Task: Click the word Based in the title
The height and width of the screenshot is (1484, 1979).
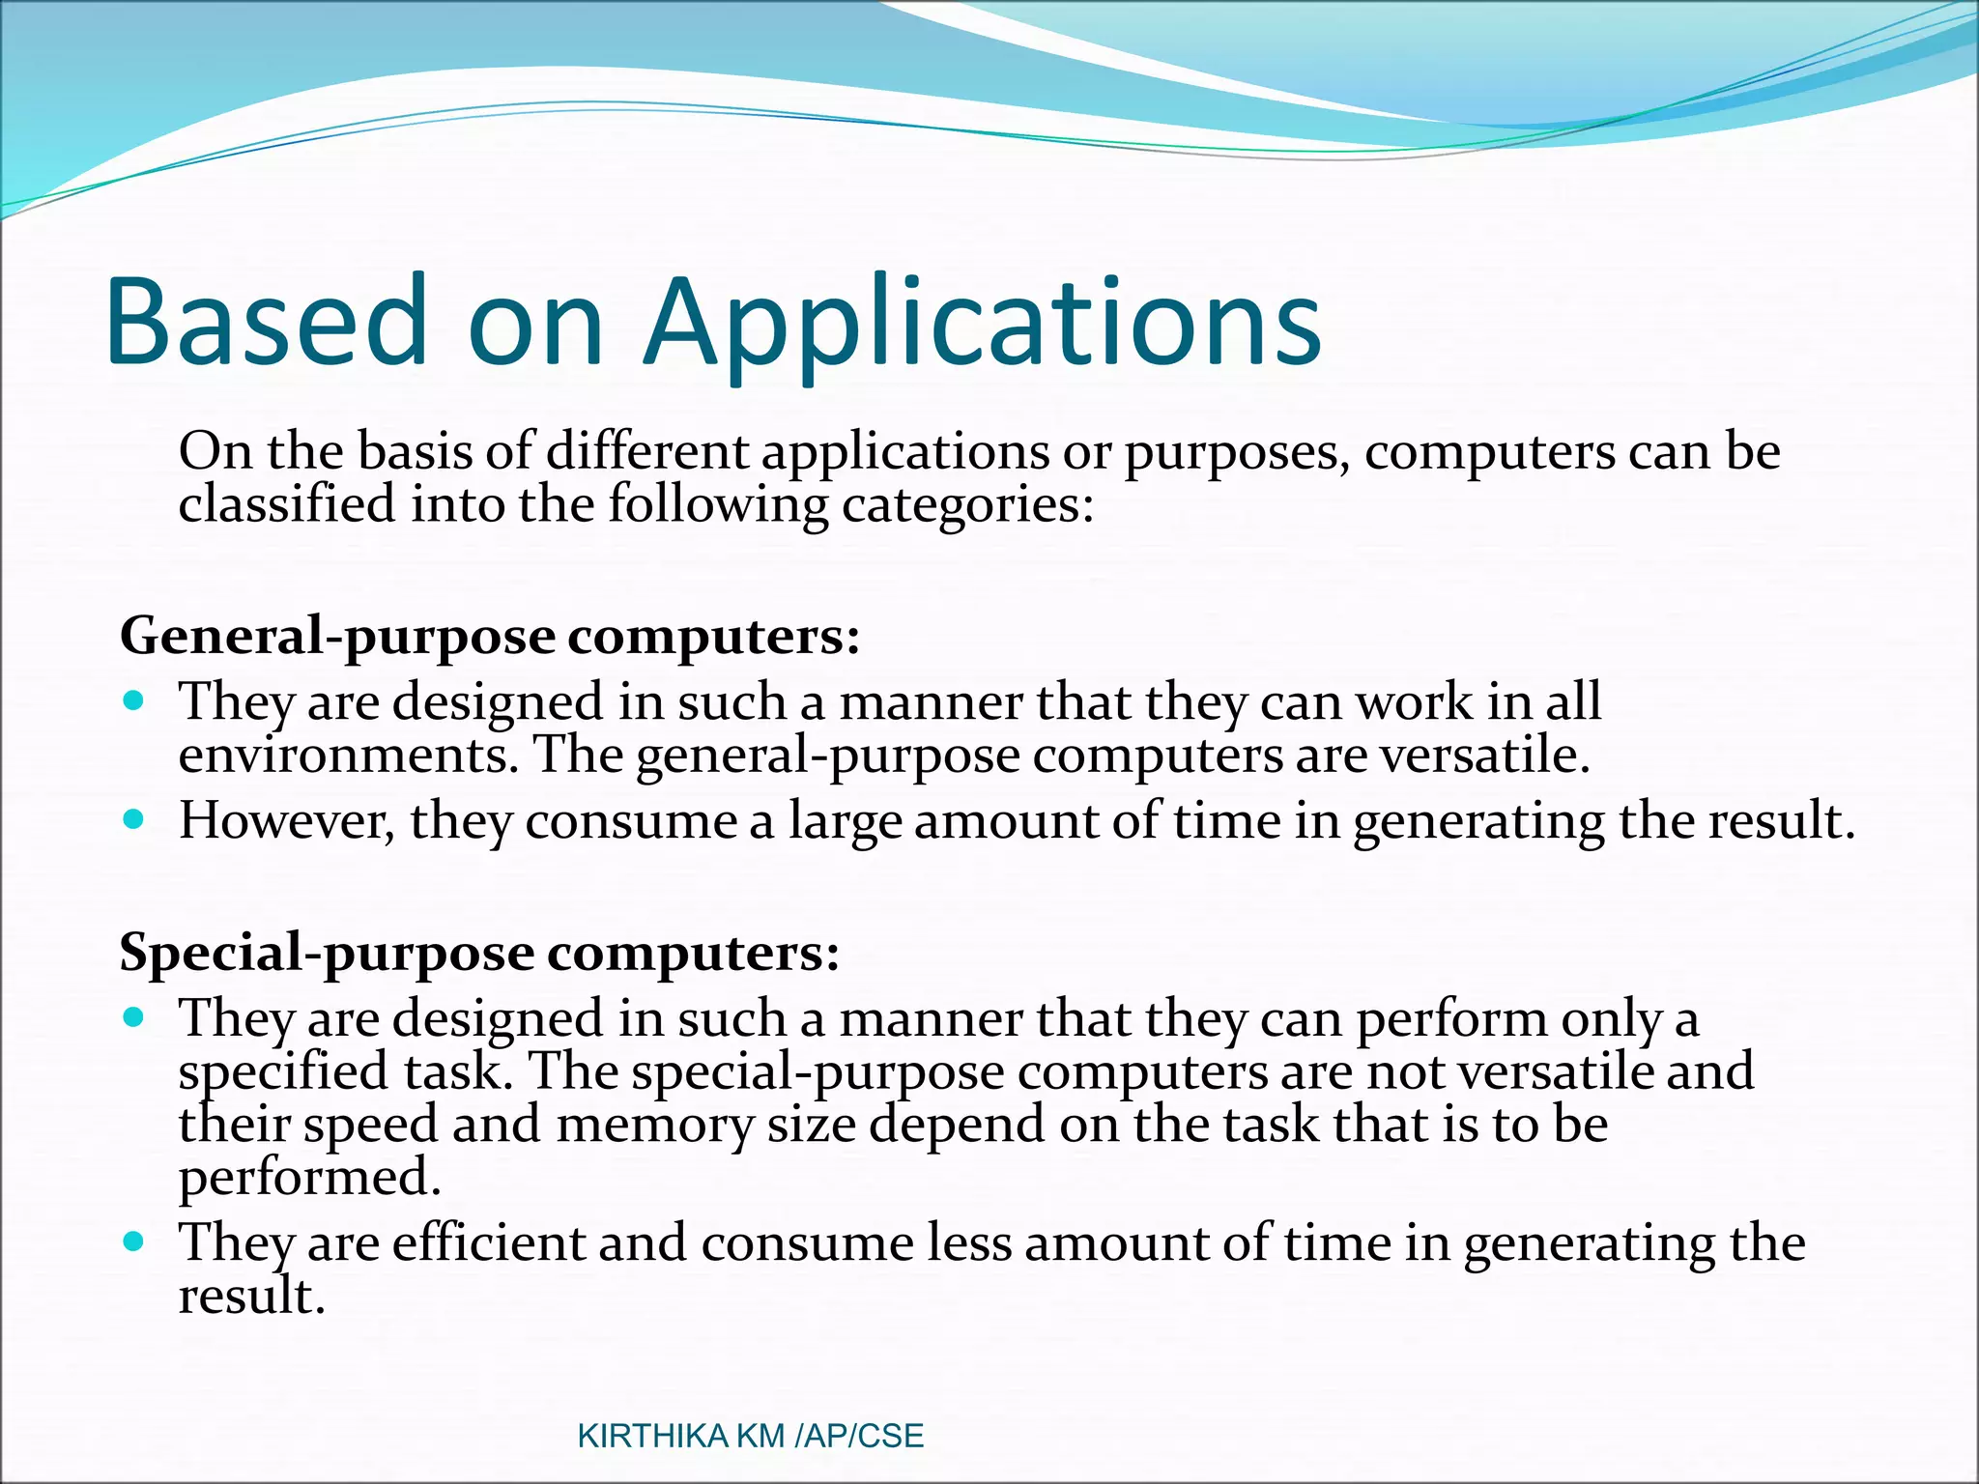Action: click(267, 324)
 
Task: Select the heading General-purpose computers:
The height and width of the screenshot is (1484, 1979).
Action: click(489, 637)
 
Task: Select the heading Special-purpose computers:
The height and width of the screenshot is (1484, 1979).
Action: click(479, 953)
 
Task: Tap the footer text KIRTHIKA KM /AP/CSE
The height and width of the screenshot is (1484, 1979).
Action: click(750, 1436)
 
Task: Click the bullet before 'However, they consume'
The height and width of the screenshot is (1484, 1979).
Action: click(134, 820)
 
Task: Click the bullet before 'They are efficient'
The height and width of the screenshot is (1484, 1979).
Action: click(134, 1241)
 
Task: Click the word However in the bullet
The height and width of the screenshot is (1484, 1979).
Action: click(286, 821)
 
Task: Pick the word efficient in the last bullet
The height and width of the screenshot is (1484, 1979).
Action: click(488, 1243)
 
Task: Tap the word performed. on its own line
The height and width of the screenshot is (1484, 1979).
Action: click(309, 1178)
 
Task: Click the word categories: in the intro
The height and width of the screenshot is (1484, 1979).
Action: click(967, 505)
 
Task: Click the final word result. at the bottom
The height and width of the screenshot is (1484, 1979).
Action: click(251, 1297)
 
